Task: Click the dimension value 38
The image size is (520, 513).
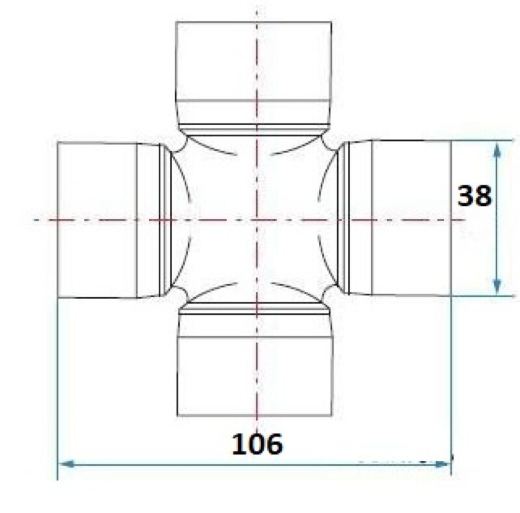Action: click(474, 195)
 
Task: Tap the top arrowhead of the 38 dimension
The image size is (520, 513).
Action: click(497, 149)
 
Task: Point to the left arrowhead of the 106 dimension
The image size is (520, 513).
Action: click(66, 464)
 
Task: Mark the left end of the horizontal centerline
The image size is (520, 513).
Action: click(36, 220)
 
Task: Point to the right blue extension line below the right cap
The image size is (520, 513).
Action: click(452, 378)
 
